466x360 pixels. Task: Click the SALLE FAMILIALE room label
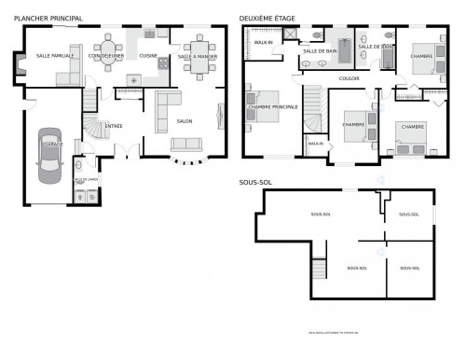pyautogui.click(x=55, y=56)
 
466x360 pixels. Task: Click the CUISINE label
pyautogui.click(x=148, y=56)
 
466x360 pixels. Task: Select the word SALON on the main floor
pyautogui.click(x=185, y=120)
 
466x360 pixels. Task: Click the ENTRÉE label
pyautogui.click(x=114, y=125)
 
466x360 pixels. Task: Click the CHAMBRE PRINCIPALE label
pyautogui.click(x=273, y=107)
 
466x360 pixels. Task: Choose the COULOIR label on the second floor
pyautogui.click(x=349, y=78)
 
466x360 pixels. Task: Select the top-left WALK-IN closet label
pyautogui.click(x=264, y=43)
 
